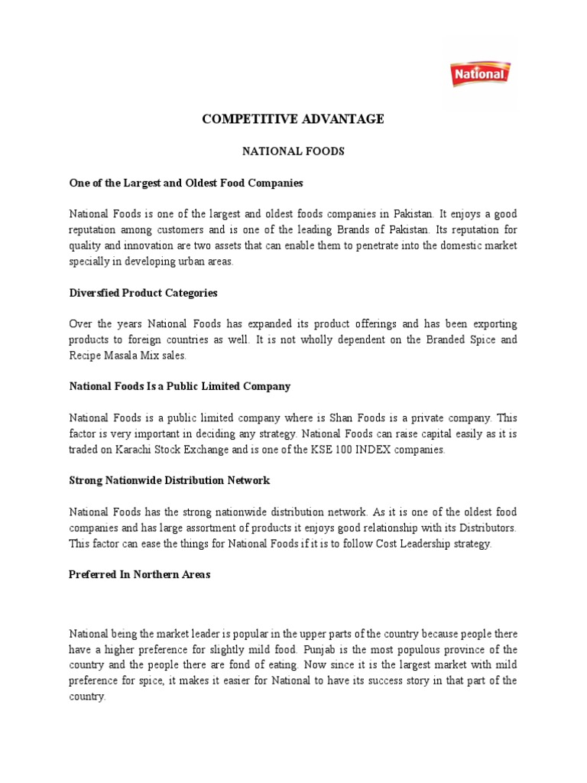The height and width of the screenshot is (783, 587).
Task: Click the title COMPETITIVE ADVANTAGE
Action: pos(293,119)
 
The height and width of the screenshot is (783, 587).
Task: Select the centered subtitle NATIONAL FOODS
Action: pos(293,151)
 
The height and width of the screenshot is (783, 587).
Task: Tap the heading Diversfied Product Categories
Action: pos(144,293)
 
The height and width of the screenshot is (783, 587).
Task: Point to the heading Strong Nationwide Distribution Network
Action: pos(170,481)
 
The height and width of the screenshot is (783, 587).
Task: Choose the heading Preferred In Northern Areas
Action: pos(140,575)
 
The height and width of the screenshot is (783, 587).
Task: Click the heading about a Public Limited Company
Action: pos(180,387)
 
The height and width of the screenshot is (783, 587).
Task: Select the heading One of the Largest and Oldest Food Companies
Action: pos(186,184)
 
